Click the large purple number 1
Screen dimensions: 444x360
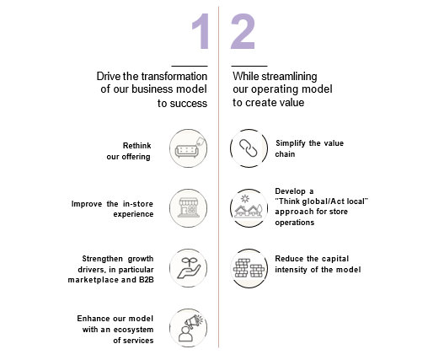click(201, 32)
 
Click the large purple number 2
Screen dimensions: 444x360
click(243, 32)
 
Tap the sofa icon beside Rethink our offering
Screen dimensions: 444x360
click(189, 148)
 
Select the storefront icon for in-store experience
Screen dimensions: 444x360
click(189, 208)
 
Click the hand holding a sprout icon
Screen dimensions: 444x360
click(189, 268)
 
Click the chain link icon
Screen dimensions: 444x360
click(249, 148)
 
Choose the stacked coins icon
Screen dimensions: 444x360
click(249, 268)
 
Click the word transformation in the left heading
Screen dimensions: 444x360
click(174, 77)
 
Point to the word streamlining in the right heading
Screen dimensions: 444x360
click(289, 77)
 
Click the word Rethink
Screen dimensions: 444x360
click(137, 146)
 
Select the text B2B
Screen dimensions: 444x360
click(147, 280)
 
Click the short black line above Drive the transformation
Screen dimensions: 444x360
click(190, 66)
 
